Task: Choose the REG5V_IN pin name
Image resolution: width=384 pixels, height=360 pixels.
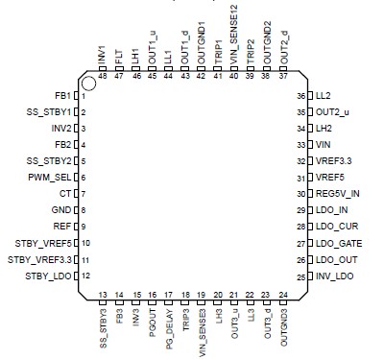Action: [336, 193]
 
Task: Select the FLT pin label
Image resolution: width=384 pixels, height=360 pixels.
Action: [118, 58]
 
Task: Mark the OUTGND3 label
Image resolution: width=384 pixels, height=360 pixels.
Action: [283, 324]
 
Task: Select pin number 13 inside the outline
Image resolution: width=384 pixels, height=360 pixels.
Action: [103, 294]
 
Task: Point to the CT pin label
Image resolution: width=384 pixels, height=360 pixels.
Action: [66, 193]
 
